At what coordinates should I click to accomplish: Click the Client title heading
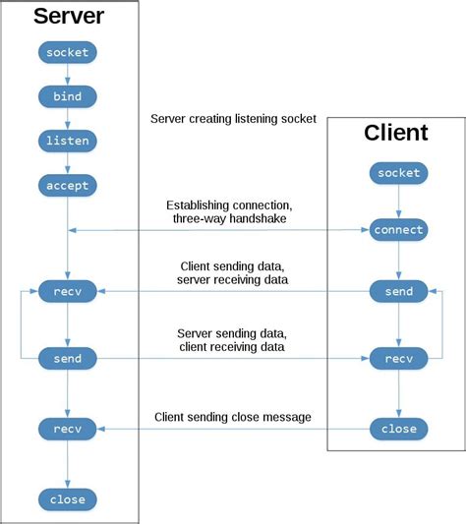coord(396,133)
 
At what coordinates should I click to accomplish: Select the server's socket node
coord(67,51)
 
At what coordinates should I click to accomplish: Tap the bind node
coord(67,95)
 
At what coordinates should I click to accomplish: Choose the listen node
coord(67,141)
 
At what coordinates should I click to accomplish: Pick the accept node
coord(67,185)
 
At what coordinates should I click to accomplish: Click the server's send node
coord(67,359)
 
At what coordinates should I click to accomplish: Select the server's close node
coord(67,499)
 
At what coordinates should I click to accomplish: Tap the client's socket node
coord(398,173)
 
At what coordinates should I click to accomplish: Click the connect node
coord(398,230)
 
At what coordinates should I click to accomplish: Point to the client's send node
coord(398,291)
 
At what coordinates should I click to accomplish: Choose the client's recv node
coord(398,359)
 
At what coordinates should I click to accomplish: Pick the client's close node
coord(398,429)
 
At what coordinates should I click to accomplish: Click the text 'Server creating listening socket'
coord(233,119)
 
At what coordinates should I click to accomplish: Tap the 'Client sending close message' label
coord(233,418)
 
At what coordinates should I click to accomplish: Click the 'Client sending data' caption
coord(233,266)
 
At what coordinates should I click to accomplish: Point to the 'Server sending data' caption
coord(233,333)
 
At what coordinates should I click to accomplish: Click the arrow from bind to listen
coord(67,118)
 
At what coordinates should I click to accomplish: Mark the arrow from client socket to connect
coord(398,202)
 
